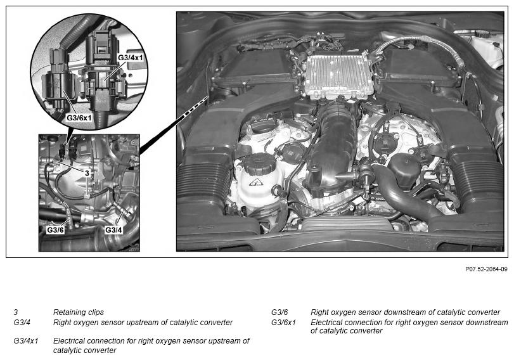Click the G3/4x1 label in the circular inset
(x=131, y=58)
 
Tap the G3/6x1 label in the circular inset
(x=79, y=118)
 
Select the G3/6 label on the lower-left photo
(x=55, y=230)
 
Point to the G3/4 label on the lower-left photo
(x=113, y=230)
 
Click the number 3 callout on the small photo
(x=87, y=173)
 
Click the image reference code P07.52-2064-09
(x=487, y=269)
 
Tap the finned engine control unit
(x=339, y=76)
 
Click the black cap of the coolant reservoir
(x=260, y=164)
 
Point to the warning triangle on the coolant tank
(x=255, y=182)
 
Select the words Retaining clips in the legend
(x=79, y=312)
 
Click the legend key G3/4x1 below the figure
(x=26, y=341)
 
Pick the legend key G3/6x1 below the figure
(x=283, y=323)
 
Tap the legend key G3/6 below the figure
(x=279, y=312)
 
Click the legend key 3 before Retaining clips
(x=16, y=312)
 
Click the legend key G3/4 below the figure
(x=22, y=323)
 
